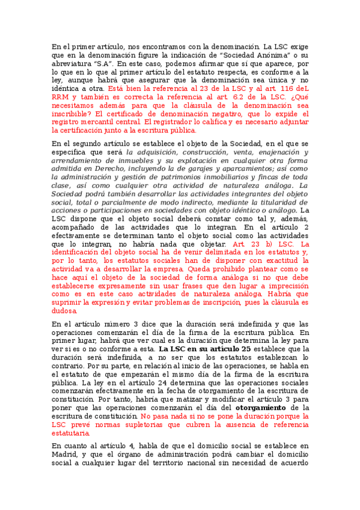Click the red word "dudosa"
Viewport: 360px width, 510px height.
[64, 312]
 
